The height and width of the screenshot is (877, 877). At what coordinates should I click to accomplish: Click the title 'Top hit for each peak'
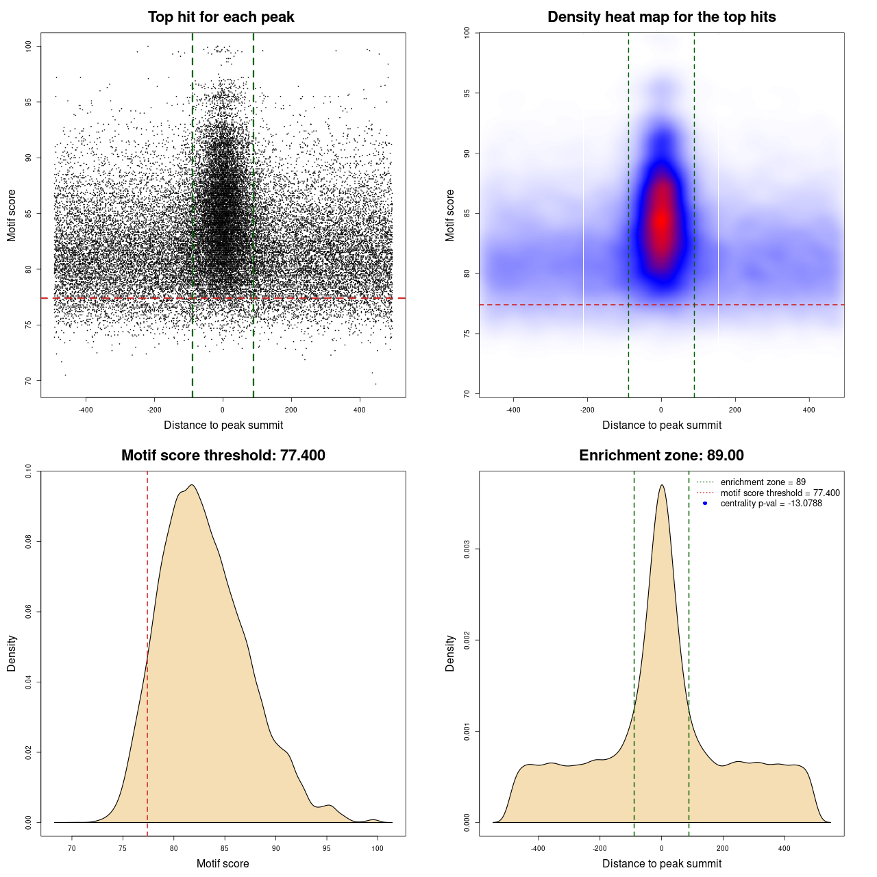coord(221,17)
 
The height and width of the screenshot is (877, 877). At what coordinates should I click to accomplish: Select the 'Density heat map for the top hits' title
coord(661,17)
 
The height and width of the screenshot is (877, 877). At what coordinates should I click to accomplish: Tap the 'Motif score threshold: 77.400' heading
coord(223,456)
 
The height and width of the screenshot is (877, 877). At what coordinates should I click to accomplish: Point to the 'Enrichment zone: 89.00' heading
coord(661,456)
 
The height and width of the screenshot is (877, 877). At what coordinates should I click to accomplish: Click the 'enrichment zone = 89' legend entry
coord(763,482)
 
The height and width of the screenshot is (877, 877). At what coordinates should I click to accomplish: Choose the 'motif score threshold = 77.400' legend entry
coord(780,493)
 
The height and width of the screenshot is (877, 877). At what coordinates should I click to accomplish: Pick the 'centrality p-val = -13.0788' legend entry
coord(771,504)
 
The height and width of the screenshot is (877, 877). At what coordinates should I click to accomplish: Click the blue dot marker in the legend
coord(705,504)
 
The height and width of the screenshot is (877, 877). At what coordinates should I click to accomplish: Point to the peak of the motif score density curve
coord(193,485)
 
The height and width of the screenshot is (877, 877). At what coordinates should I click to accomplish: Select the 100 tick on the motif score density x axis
coord(378,848)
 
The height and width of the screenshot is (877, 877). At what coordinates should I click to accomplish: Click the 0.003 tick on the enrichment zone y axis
coord(467,549)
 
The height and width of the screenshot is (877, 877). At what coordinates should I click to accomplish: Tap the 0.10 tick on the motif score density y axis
coord(28,471)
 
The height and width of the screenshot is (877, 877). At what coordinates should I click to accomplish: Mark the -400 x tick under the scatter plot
coord(86,410)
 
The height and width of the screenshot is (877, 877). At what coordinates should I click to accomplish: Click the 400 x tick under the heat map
coord(809,410)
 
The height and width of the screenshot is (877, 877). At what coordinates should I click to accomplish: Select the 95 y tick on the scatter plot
coord(28,102)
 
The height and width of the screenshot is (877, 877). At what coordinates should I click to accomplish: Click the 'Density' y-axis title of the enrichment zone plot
coord(450,653)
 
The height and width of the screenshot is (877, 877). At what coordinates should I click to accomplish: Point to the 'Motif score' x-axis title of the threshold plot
coord(223,863)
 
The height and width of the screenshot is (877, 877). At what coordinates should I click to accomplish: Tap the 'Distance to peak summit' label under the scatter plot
coord(223,425)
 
